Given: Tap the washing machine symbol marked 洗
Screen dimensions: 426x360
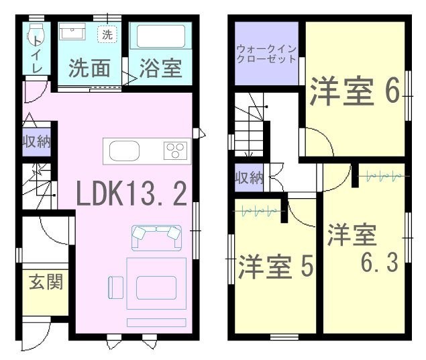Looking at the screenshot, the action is tap(107, 34).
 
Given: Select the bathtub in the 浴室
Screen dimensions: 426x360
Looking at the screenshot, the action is tap(161, 36).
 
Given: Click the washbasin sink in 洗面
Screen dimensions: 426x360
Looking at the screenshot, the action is tap(72, 32).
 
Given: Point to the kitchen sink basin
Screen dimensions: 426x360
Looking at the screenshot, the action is tap(124, 150).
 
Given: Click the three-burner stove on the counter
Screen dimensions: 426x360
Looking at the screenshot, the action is tap(175, 150).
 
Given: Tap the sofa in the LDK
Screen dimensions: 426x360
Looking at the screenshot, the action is tap(156, 237).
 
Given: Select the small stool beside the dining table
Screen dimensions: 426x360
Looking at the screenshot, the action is tap(116, 287).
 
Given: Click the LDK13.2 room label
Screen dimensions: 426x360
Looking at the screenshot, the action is tap(131, 193).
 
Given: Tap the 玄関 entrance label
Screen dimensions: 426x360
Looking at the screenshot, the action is tap(46, 281).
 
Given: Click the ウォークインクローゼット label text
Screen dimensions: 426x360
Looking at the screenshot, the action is tap(266, 54).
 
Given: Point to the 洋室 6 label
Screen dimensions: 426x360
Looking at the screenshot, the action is tap(355, 91).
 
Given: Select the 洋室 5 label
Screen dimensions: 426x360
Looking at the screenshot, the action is tap(276, 267).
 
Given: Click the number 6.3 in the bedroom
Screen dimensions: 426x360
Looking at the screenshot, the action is tap(380, 262).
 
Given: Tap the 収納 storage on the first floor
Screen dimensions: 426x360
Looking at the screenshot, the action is tap(37, 142).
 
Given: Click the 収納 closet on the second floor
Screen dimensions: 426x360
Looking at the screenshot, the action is tap(249, 177).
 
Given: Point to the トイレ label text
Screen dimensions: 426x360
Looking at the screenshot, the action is tap(37, 55).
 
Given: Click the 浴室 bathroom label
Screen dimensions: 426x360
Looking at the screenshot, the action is tap(160, 68).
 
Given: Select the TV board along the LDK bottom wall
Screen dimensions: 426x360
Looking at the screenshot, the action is tap(156, 322).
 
